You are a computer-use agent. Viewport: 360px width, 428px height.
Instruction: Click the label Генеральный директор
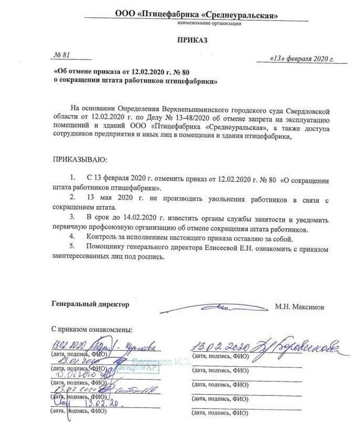89,304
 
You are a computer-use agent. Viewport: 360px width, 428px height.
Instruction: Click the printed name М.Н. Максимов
299,307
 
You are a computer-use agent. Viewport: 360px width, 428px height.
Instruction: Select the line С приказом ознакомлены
92,330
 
